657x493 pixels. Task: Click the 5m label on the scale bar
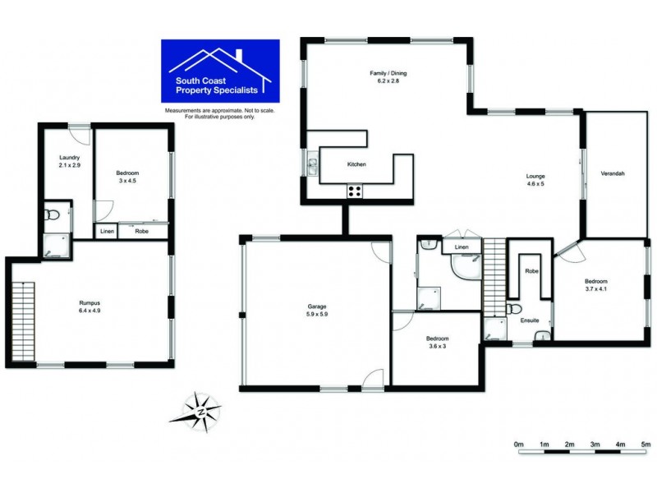[645, 445]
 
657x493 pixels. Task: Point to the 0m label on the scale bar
[518, 445]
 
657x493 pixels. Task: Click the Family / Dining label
[388, 77]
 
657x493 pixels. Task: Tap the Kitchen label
[356, 164]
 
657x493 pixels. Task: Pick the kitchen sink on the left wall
[313, 166]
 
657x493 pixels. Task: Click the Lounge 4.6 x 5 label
[535, 180]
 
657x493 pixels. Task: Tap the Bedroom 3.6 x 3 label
[437, 342]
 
